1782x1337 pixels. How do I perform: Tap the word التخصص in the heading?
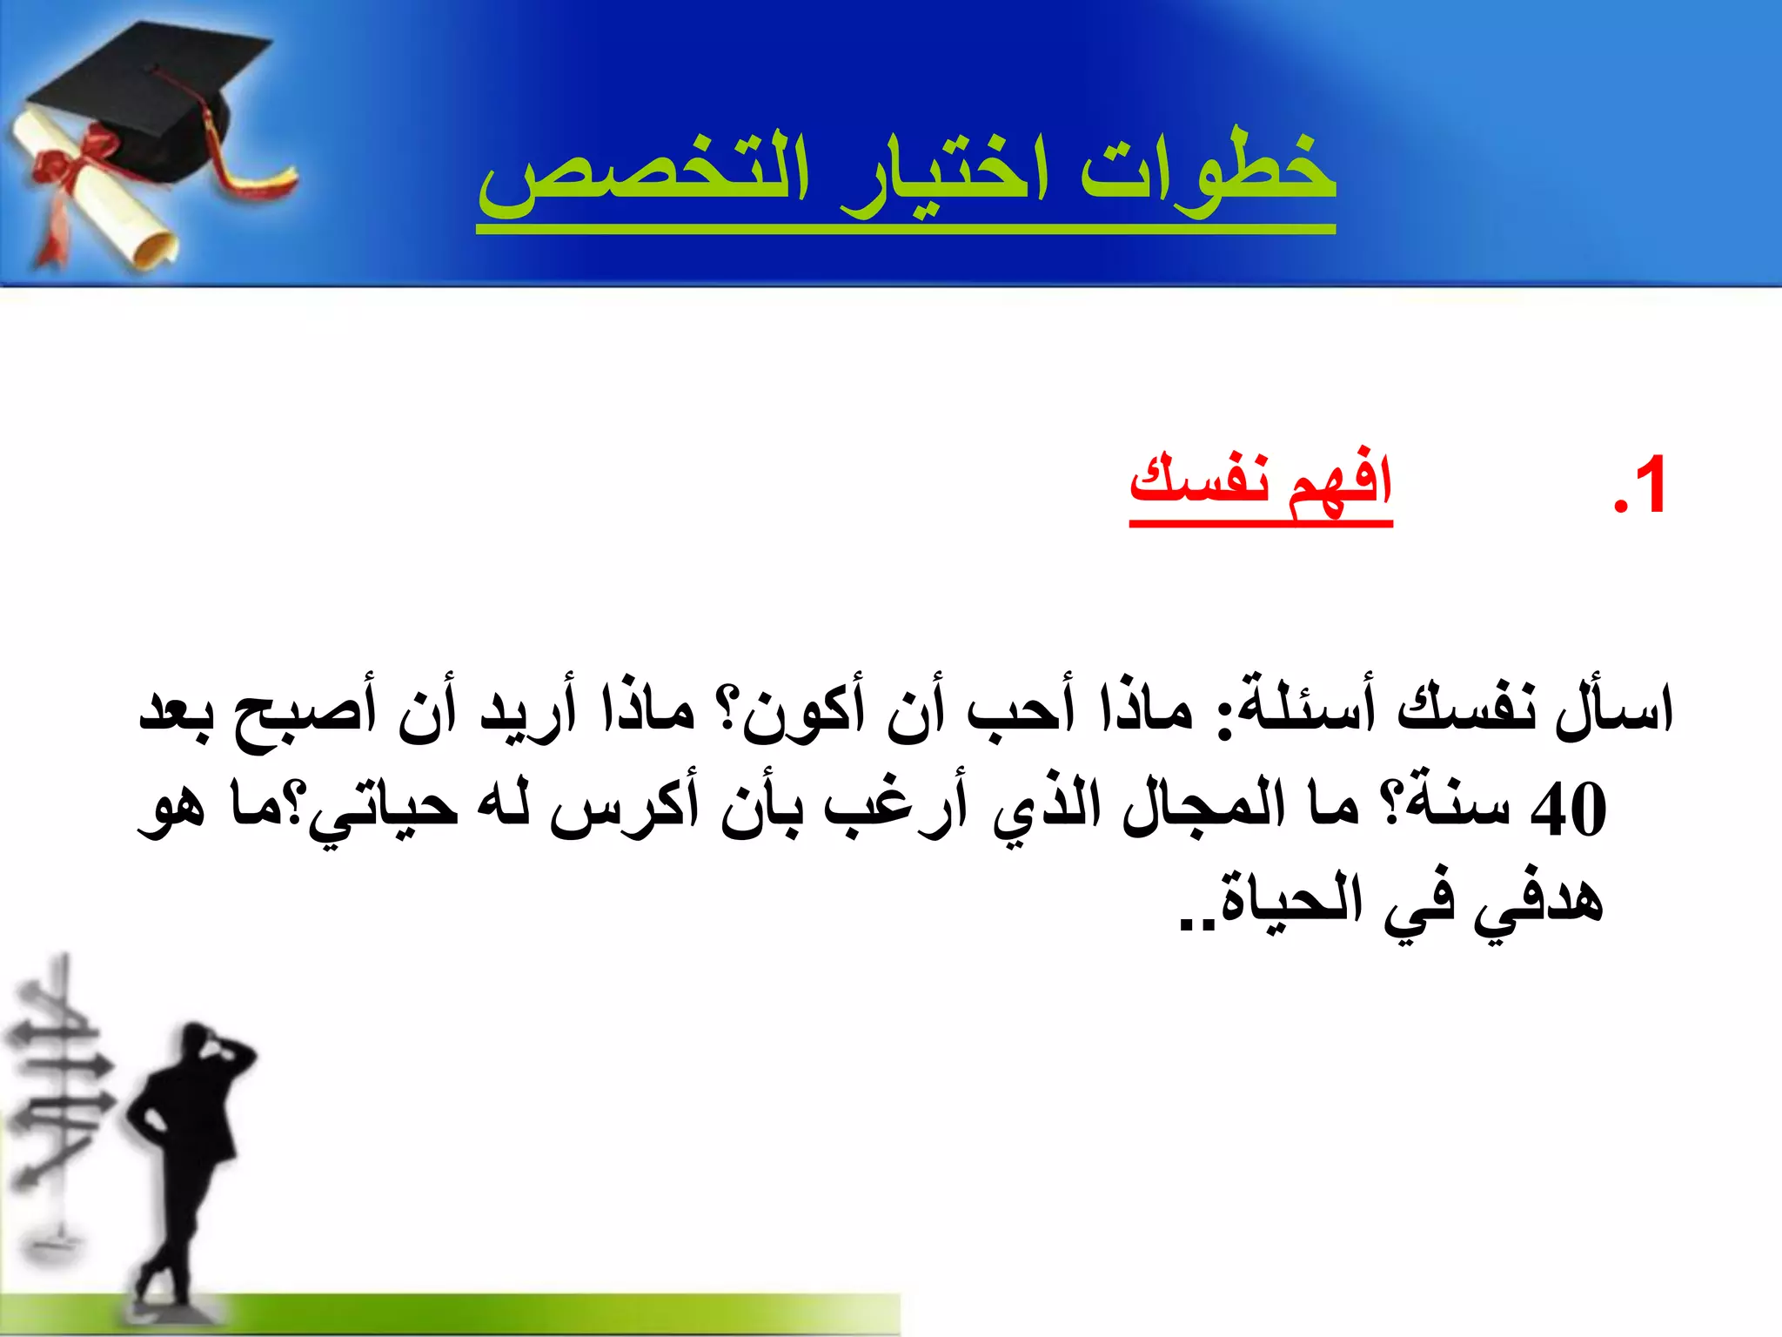[644, 174]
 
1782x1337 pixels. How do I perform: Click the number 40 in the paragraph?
[1567, 810]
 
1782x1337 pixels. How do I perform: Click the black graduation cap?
[148, 96]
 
